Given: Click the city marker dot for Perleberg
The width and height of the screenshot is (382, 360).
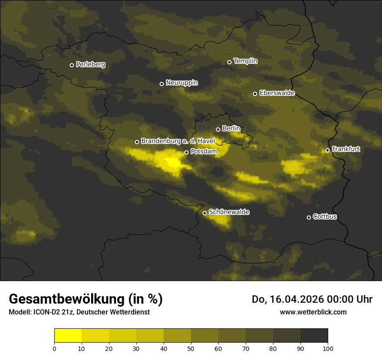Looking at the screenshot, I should click(x=72, y=65).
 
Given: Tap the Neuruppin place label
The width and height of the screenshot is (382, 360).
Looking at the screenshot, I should click(x=181, y=83).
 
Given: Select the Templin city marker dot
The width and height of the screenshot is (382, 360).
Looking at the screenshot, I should click(x=229, y=62).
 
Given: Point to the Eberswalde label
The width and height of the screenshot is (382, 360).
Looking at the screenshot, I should click(x=277, y=93).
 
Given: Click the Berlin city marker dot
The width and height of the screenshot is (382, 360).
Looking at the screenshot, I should click(x=218, y=129).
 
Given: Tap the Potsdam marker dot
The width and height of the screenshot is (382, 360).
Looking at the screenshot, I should click(x=186, y=152).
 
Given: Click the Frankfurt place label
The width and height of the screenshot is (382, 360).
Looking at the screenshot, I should click(x=346, y=149).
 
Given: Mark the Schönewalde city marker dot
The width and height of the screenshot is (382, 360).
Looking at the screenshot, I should click(x=204, y=213).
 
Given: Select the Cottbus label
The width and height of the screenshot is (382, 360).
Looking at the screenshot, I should click(x=325, y=216).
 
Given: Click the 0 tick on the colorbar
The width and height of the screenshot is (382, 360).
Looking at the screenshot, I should click(x=54, y=348).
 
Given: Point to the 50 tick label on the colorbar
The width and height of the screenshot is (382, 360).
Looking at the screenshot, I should click(x=191, y=348).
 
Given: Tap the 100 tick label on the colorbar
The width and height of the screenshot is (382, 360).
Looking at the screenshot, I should click(x=328, y=348).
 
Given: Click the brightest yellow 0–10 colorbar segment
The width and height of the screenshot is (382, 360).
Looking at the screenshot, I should click(x=68, y=335).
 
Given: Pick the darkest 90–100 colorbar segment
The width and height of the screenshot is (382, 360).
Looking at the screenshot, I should click(x=314, y=335).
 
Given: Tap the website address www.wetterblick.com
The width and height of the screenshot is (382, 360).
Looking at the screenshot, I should click(x=313, y=312).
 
